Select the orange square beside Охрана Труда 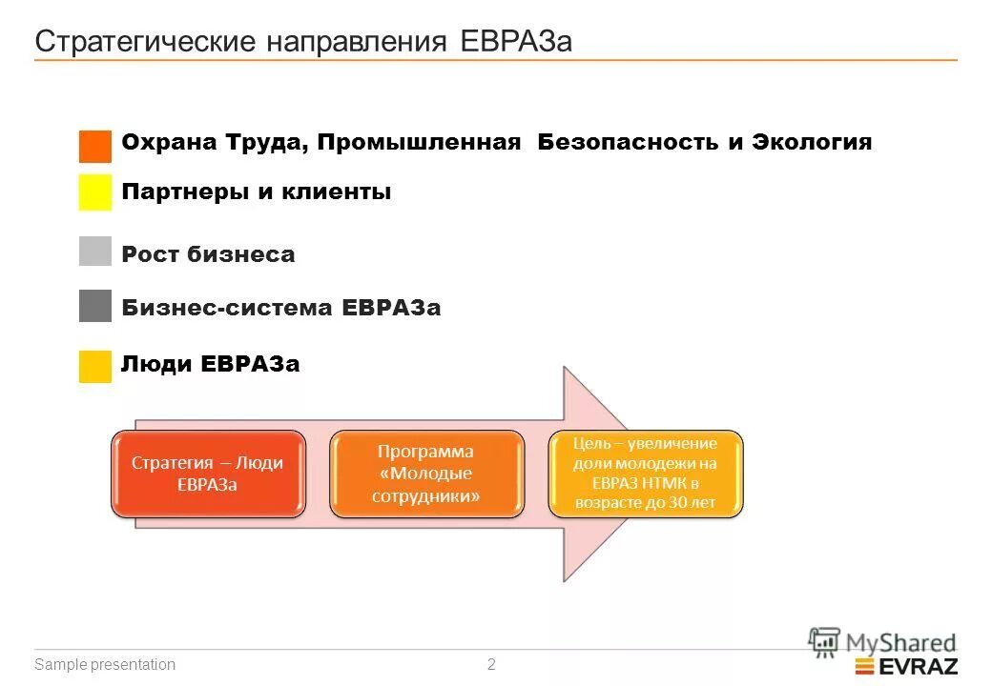pyautogui.click(x=95, y=147)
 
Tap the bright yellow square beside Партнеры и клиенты pyautogui.click(x=95, y=192)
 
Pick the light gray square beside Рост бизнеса pyautogui.click(x=95, y=252)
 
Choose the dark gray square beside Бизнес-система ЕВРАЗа pyautogui.click(x=95, y=306)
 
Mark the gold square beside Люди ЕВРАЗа pyautogui.click(x=95, y=367)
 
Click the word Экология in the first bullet pyautogui.click(x=812, y=143)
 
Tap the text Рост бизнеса pyautogui.click(x=208, y=254)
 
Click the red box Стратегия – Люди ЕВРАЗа pyautogui.click(x=208, y=474)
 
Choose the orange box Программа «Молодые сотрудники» pyautogui.click(x=426, y=474)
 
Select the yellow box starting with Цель pyautogui.click(x=645, y=474)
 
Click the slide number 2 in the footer pyautogui.click(x=491, y=665)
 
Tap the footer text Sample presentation pyautogui.click(x=105, y=665)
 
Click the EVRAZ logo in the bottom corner pyautogui.click(x=906, y=666)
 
